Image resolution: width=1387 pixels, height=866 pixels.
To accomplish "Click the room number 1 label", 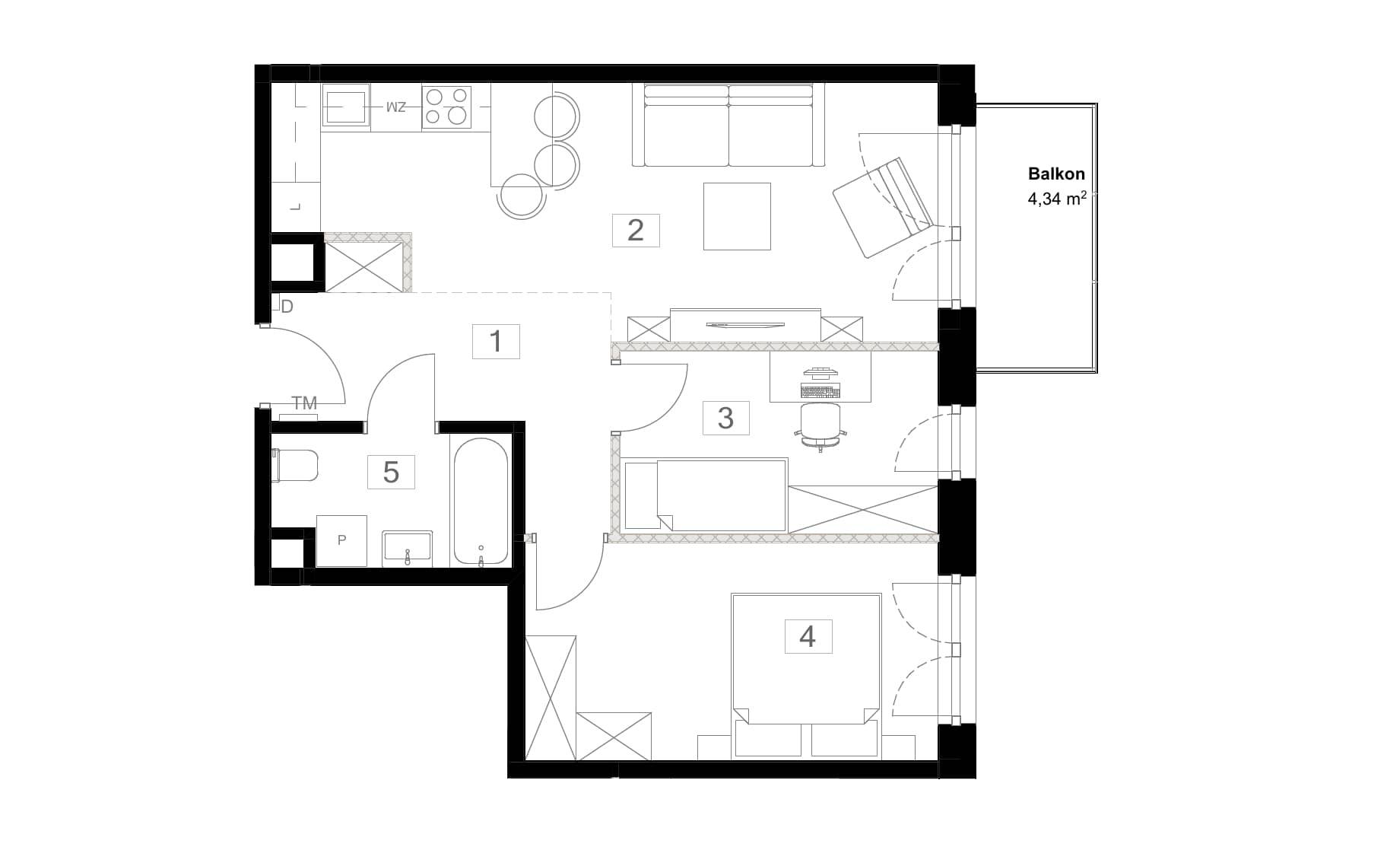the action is point(496,342).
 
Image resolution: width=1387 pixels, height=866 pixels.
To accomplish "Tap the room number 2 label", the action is point(636,230).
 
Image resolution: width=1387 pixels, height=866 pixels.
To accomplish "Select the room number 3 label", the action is point(725,418).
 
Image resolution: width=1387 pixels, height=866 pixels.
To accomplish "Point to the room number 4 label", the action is point(808,636).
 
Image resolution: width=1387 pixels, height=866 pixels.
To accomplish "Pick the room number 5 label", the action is point(391,472).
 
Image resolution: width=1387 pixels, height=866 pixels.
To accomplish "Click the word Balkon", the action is point(1056,174).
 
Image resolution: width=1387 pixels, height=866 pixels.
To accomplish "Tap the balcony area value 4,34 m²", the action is point(1056,199).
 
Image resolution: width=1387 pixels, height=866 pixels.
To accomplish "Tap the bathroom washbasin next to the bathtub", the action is point(408,548).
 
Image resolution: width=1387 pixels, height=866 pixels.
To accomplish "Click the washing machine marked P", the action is point(341,540).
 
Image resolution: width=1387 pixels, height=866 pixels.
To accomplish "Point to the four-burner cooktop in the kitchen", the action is point(446,107).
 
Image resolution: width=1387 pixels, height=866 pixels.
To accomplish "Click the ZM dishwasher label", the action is point(396,107).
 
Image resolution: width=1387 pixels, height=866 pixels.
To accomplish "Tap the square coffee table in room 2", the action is point(737,216).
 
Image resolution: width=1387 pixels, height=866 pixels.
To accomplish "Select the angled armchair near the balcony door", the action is point(882,207).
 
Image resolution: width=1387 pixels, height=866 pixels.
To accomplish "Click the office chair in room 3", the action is point(821,427).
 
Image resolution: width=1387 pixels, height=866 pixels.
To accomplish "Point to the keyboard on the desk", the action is point(821,391).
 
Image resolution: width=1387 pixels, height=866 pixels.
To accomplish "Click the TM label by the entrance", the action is point(304,403).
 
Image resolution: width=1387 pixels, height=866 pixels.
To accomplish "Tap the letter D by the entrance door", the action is point(287,307).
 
